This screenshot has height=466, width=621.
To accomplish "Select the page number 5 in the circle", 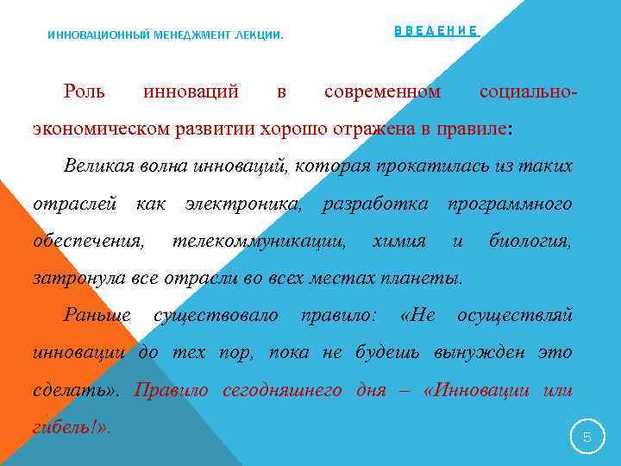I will pyautogui.click(x=587, y=438).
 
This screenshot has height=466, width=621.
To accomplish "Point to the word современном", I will pyautogui.click(x=382, y=91).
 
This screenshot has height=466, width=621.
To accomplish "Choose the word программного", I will pyautogui.click(x=509, y=204).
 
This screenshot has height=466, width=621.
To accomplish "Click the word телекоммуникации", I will pyautogui.click(x=260, y=241).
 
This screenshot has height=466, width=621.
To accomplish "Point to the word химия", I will pyautogui.click(x=398, y=241).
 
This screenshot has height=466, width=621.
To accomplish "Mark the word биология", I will pyautogui.click(x=530, y=241).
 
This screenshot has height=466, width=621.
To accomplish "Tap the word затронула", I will pyautogui.click(x=77, y=278).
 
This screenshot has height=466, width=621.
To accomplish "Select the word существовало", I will pyautogui.click(x=216, y=315).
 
